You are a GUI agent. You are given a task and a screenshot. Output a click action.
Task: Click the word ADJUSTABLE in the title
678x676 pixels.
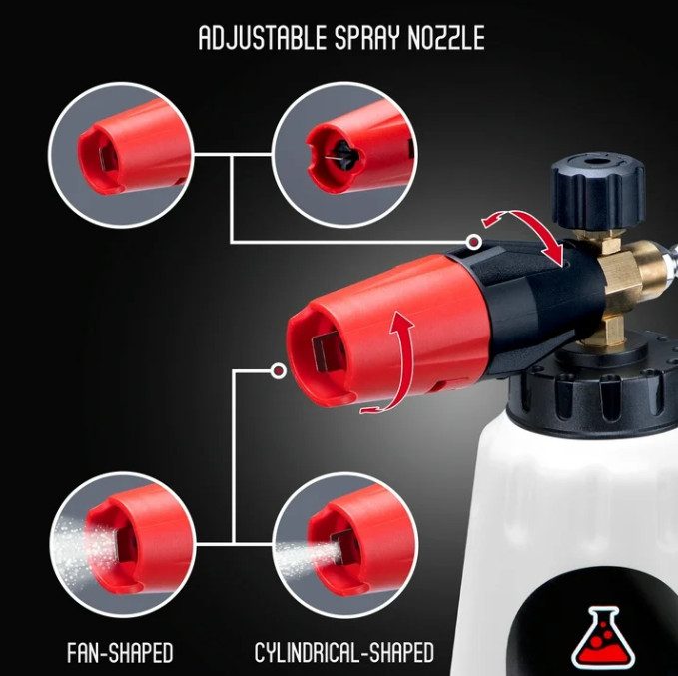(x=263, y=38)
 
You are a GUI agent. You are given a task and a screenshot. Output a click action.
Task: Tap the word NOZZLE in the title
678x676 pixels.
(x=446, y=38)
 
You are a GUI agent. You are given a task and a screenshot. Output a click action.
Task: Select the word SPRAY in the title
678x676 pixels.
(x=367, y=38)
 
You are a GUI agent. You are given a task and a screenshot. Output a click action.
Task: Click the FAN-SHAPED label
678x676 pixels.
(x=120, y=653)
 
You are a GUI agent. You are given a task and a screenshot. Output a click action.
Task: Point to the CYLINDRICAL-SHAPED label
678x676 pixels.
(x=343, y=653)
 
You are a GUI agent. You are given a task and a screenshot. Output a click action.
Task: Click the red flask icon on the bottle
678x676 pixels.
(x=604, y=636)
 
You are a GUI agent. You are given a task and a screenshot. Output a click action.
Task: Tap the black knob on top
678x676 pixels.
(x=598, y=189)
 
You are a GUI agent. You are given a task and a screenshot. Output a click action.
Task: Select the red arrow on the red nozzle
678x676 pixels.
(x=395, y=363)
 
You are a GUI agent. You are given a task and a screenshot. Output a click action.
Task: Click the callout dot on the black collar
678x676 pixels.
(x=474, y=242)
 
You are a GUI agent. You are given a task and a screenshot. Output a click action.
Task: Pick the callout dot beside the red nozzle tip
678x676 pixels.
(x=278, y=371)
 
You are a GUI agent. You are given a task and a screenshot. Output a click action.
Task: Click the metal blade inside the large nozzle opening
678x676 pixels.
(x=325, y=354)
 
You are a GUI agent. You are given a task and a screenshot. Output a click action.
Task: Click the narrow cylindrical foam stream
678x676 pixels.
(x=307, y=556)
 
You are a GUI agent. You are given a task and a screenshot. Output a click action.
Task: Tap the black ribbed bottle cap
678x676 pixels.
(x=593, y=391)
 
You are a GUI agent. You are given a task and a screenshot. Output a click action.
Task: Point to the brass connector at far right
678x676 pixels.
(x=654, y=268)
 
